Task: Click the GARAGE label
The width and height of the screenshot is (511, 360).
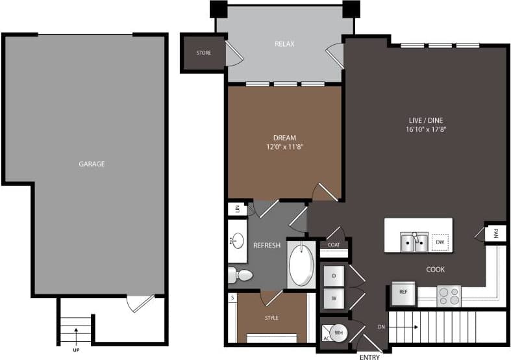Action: pyautogui.click(x=92, y=164)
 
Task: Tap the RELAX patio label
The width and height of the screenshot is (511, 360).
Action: pyautogui.click(x=284, y=44)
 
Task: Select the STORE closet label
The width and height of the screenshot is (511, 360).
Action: pyautogui.click(x=203, y=53)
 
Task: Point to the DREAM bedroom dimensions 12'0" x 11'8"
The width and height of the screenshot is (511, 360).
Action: pyautogui.click(x=284, y=147)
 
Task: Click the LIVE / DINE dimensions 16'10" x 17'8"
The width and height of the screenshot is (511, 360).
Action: pyautogui.click(x=426, y=129)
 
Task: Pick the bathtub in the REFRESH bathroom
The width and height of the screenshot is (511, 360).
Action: pyautogui.click(x=301, y=264)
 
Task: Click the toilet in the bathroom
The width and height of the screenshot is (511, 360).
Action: pyautogui.click(x=240, y=275)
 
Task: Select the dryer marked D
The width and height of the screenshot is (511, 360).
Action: pyautogui.click(x=334, y=276)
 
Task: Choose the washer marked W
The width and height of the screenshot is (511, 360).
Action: pyautogui.click(x=334, y=298)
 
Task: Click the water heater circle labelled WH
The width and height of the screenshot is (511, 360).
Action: pyautogui.click(x=338, y=333)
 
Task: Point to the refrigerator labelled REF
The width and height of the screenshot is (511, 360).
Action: pyautogui.click(x=403, y=292)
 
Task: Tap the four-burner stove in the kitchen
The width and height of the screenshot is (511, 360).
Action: pyautogui.click(x=448, y=296)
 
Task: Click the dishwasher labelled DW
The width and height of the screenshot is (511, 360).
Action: pyautogui.click(x=440, y=242)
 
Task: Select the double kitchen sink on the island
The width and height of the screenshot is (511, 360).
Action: pyautogui.click(x=413, y=242)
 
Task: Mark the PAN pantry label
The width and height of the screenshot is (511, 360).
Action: pyautogui.click(x=495, y=233)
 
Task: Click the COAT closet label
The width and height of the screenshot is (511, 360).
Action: pyautogui.click(x=334, y=245)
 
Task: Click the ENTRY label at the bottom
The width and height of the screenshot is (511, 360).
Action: pyautogui.click(x=369, y=357)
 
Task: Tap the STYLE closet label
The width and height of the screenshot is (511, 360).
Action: pyautogui.click(x=271, y=317)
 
